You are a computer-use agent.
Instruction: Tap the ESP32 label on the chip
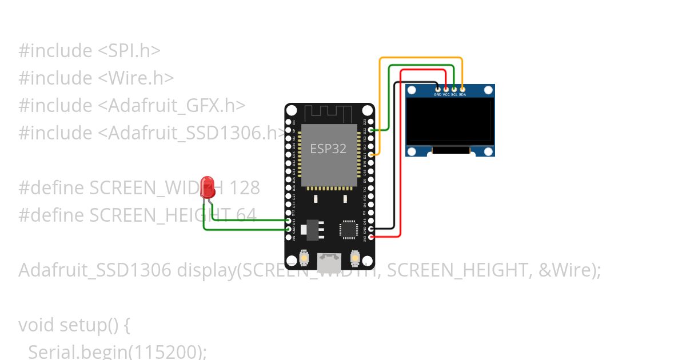tap(328, 149)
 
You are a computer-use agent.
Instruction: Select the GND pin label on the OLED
tap(437, 94)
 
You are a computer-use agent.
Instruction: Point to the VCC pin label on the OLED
tap(446, 94)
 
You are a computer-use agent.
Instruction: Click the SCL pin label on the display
tap(454, 94)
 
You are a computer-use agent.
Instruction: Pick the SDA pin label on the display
tap(462, 94)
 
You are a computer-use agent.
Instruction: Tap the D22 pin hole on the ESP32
tap(372, 130)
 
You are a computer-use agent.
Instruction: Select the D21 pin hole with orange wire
tap(372, 154)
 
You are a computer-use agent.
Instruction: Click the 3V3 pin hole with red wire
tap(372, 237)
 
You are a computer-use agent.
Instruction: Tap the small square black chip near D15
tap(348, 229)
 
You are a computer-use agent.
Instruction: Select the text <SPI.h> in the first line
tap(129, 50)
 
